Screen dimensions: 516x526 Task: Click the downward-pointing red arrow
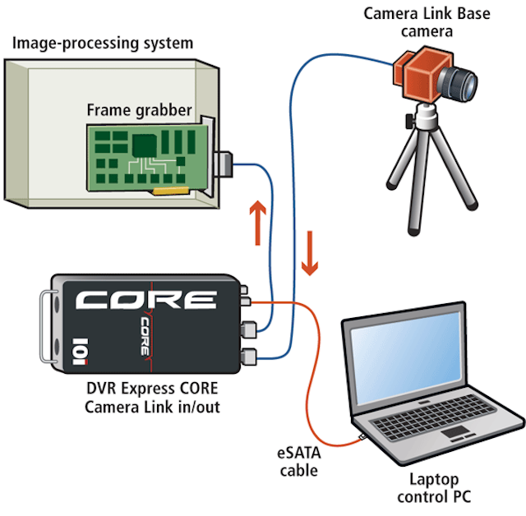pos(310,254)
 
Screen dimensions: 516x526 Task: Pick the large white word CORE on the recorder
pos(147,300)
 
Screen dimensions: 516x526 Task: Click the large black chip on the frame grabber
pos(147,145)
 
